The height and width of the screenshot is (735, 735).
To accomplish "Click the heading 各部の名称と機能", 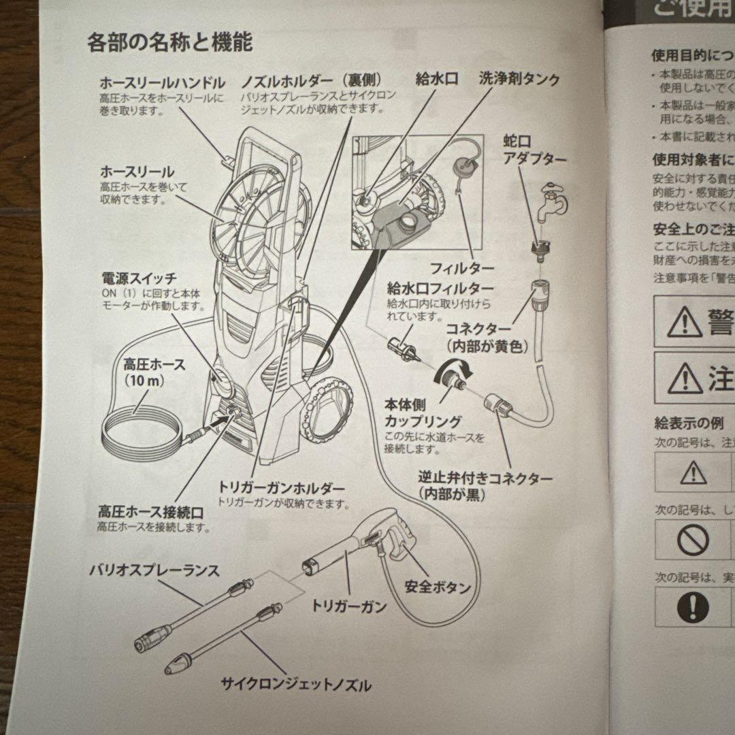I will [x=169, y=43].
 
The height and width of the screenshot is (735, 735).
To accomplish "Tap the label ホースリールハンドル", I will [x=162, y=83].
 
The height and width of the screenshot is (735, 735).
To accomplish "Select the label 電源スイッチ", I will [x=139, y=278].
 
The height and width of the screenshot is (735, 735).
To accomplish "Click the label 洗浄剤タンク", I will [x=519, y=79].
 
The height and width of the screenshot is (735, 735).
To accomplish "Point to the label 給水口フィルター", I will [x=440, y=288].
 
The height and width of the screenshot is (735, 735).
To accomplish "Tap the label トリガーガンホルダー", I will [x=281, y=489].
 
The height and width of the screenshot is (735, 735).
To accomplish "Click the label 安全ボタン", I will [x=438, y=586].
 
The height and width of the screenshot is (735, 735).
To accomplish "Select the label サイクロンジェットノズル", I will [x=296, y=683].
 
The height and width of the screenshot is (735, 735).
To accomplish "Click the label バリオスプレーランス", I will [x=154, y=571].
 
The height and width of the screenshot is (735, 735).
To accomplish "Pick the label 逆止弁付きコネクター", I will [x=485, y=478].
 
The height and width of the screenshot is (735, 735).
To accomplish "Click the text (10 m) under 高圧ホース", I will [x=144, y=381].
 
